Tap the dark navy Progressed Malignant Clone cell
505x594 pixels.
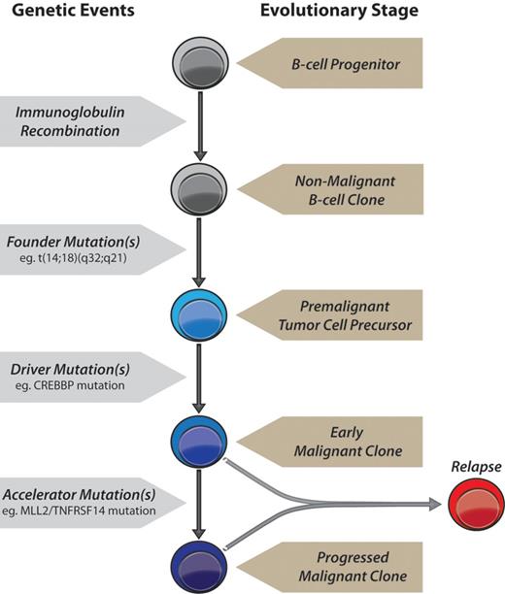[x=198, y=557]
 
